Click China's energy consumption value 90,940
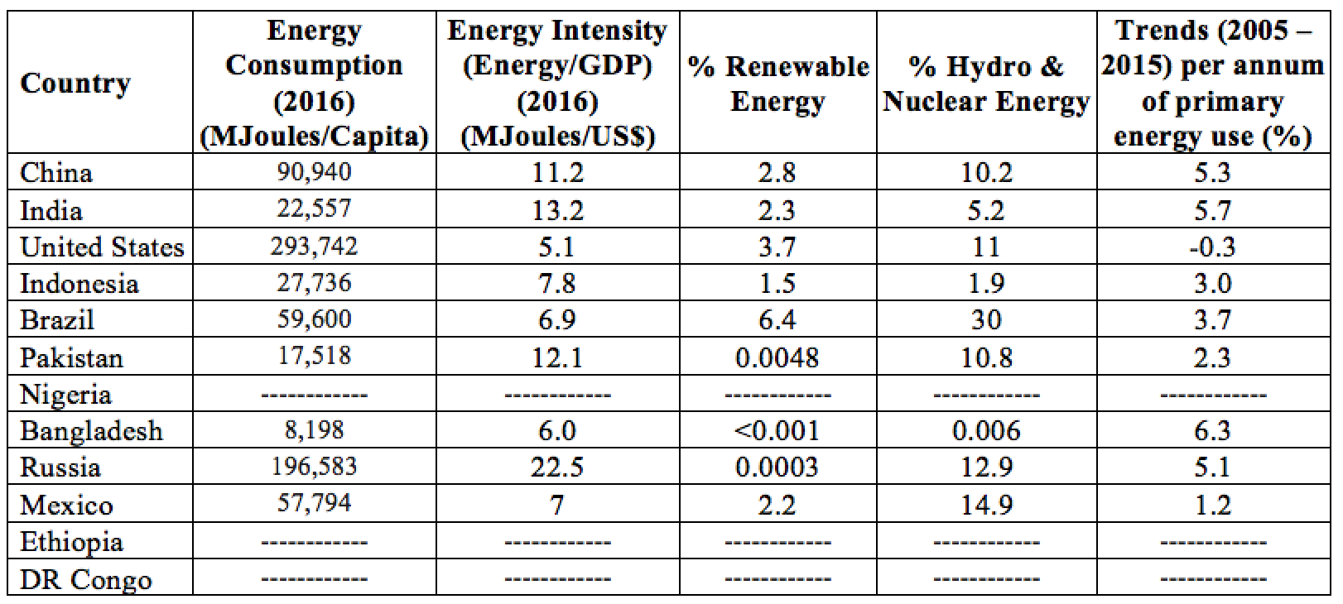[x=314, y=172]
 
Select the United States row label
[x=102, y=247]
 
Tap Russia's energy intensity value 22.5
[x=557, y=467]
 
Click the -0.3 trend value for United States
[x=1212, y=247]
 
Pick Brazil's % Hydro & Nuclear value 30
[x=985, y=320]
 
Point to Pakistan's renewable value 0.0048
[x=777, y=357]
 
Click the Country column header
[x=75, y=84]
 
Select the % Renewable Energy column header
[x=777, y=84]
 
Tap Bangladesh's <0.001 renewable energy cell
[x=777, y=431]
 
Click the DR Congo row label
[x=86, y=579]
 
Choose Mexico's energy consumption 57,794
[x=314, y=503]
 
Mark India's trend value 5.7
[x=1212, y=210]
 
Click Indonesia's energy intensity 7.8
[x=557, y=284]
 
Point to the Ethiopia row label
[x=71, y=542]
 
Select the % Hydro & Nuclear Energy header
[x=985, y=84]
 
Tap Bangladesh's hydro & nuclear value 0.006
[x=985, y=431]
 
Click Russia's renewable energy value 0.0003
[x=777, y=467]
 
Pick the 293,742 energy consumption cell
[x=314, y=247]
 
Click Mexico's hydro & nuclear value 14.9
[x=985, y=505]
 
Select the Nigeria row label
[x=65, y=395]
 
